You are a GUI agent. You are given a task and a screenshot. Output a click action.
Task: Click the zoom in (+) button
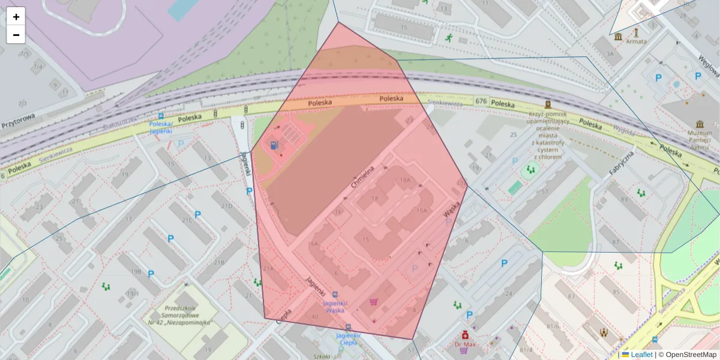(16, 17)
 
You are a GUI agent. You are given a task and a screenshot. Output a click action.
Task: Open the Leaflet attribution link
(641, 355)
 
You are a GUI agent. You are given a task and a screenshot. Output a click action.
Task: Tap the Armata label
(636, 41)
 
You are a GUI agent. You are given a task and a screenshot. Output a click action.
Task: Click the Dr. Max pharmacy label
(464, 344)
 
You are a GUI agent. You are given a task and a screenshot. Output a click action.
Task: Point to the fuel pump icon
(274, 145)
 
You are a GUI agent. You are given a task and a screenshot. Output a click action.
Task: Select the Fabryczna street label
(621, 163)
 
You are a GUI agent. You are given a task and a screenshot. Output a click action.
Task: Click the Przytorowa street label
(18, 122)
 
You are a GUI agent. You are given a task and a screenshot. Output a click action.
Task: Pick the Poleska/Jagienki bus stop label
(161, 127)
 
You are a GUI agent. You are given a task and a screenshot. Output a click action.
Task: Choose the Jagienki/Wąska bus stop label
(335, 307)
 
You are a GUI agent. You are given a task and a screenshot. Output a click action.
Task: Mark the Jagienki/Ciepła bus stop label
(348, 339)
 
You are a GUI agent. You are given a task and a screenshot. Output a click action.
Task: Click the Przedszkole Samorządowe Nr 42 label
(186, 316)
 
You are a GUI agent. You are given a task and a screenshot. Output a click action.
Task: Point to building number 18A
(405, 180)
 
